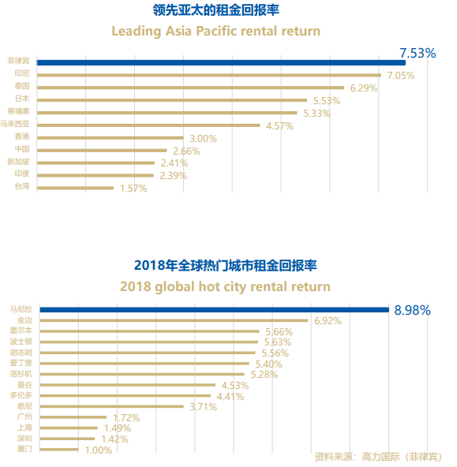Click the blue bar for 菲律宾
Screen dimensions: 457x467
point(221,62)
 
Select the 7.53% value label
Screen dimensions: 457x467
point(418,54)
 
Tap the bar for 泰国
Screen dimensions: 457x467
point(190,88)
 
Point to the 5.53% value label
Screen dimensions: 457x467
point(327,101)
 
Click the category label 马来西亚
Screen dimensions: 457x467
point(14,124)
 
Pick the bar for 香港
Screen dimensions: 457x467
point(111,137)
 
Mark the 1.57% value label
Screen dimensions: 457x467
point(133,189)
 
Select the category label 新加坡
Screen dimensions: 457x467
point(18,162)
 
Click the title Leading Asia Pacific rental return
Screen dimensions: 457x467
point(216,31)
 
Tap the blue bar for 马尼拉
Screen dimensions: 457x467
point(215,310)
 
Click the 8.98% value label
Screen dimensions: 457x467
point(412,310)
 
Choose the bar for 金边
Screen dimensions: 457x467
point(174,320)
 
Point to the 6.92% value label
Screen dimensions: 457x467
point(328,321)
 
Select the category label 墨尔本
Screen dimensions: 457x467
point(21,331)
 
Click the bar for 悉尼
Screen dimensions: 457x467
point(112,406)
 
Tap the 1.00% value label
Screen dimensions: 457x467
point(99,450)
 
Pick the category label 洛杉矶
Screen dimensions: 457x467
point(21,374)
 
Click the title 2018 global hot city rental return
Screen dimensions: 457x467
point(225,286)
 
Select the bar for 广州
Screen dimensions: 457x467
point(73,417)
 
